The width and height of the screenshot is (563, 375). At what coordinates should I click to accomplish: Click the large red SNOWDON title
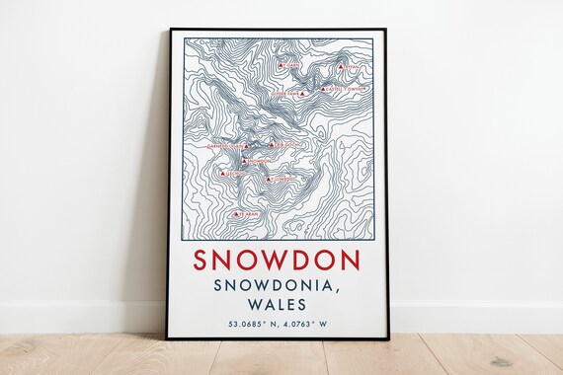coord(277,260)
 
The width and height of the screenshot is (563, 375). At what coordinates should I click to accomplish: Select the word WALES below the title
coord(277,305)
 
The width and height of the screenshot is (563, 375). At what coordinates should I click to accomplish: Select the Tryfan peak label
coord(354,67)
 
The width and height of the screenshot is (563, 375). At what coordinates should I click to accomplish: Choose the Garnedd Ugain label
coord(225,145)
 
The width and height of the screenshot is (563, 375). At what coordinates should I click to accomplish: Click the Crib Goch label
coord(282,145)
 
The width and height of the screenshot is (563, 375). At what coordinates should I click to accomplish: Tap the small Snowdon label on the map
coord(258,160)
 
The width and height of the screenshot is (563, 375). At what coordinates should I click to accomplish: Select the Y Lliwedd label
coord(281,180)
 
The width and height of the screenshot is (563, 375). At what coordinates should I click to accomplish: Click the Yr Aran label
coord(248,213)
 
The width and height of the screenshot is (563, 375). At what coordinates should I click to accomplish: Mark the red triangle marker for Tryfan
coord(340,67)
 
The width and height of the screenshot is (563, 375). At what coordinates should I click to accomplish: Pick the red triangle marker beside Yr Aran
coord(235,213)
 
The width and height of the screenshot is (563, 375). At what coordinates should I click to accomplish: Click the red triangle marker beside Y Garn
coord(281,66)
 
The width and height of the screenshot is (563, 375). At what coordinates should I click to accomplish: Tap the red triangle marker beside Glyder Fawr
coord(303,93)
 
